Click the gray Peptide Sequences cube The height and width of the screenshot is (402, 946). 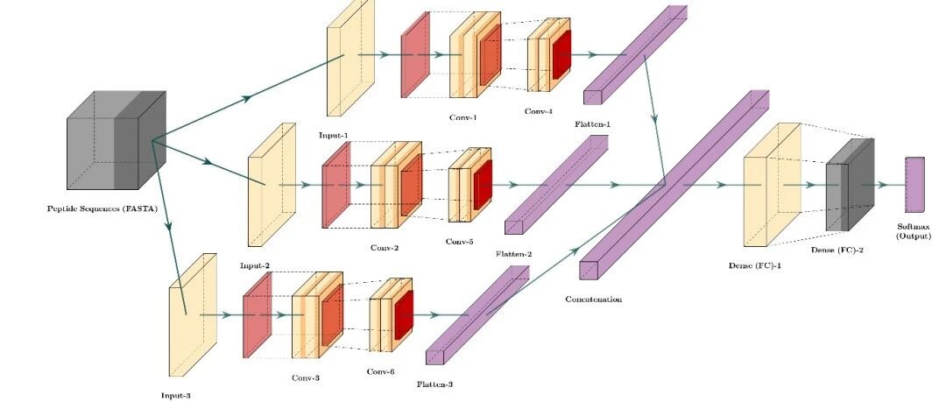point(116,140)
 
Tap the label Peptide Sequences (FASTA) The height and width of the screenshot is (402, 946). point(102,209)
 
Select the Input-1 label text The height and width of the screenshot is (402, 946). point(334,135)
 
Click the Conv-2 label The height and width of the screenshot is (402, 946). point(385,248)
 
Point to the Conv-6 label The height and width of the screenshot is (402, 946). point(381,372)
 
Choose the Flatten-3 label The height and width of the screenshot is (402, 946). point(435,384)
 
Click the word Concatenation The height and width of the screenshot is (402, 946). point(594,299)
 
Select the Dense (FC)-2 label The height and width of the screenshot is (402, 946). point(837,250)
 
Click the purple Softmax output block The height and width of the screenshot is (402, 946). point(914,185)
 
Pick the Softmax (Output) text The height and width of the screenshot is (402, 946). point(914,232)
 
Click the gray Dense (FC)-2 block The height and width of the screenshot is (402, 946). point(850,185)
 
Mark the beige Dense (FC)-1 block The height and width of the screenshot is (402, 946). point(773,185)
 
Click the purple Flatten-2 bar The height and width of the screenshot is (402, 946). point(556,184)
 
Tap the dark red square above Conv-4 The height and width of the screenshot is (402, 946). point(561,55)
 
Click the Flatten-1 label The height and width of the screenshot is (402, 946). point(593,124)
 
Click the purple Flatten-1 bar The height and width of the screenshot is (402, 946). point(635,55)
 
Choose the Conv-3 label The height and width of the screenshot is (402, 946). point(306,377)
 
